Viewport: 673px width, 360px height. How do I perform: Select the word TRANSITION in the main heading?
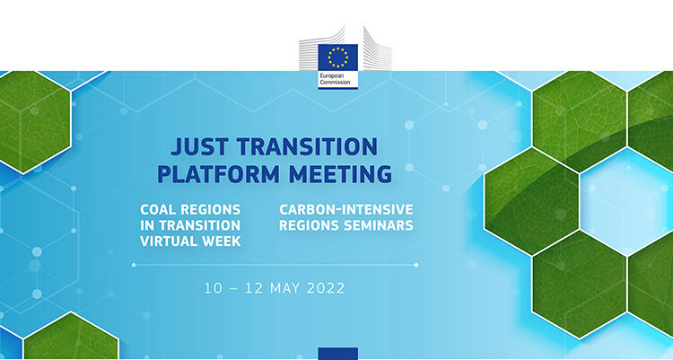coord(307,146)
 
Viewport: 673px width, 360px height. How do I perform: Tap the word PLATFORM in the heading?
coord(218,174)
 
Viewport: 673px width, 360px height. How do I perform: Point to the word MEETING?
coord(340,174)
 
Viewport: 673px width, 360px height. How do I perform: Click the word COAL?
coord(158,210)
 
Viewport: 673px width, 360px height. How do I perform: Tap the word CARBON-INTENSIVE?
coord(346,210)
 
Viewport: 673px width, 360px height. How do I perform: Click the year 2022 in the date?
coord(326,288)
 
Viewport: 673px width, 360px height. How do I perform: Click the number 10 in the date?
coord(213,288)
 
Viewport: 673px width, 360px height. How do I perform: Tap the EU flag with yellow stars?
coord(337,57)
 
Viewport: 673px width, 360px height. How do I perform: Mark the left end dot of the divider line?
coord(134,265)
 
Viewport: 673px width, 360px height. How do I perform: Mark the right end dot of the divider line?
coord(415,265)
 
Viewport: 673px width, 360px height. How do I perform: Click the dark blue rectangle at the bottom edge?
coord(337,354)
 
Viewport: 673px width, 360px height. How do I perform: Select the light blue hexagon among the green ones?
coord(626,202)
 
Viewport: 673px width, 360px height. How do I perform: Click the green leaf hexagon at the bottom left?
coord(71,338)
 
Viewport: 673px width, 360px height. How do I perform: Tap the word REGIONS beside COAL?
coord(210,210)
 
